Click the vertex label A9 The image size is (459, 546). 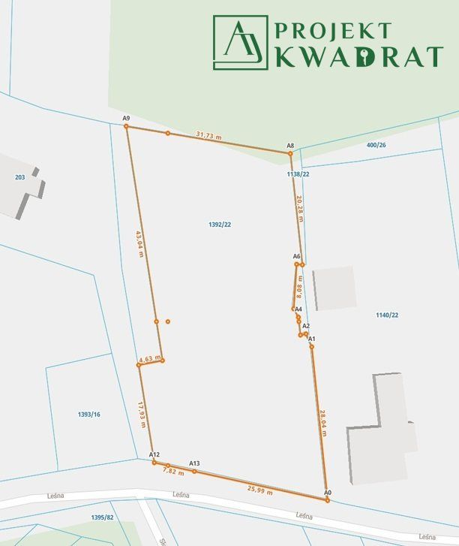(127, 119)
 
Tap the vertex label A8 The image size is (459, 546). (290, 145)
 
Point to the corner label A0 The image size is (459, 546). (327, 492)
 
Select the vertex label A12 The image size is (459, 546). (154, 455)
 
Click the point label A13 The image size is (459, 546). (194, 463)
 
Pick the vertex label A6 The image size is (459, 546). (297, 257)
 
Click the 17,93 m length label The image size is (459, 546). (140, 414)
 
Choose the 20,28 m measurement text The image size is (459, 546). (299, 209)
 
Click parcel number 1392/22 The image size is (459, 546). (219, 225)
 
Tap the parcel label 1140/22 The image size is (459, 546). (387, 315)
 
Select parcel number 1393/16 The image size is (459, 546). (88, 415)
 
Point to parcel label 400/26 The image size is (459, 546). (376, 145)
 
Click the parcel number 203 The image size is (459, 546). (20, 177)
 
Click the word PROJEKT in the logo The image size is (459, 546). (333, 31)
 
